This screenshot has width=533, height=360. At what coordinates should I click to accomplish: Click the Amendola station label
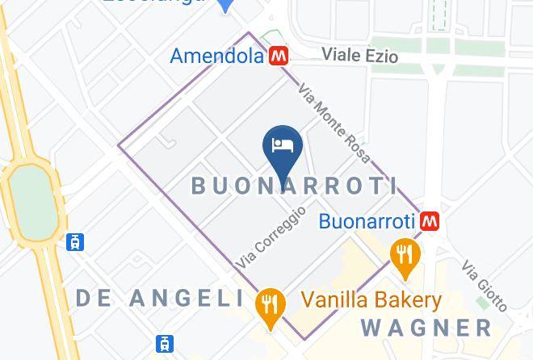click(216, 56)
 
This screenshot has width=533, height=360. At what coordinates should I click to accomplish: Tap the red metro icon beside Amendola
click(279, 56)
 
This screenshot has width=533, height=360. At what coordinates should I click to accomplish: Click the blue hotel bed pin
click(283, 147)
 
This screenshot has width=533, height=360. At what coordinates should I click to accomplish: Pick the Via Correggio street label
click(271, 237)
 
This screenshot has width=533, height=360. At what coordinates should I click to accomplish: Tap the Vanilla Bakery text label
click(371, 301)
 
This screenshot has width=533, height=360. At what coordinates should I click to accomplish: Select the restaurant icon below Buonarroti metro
click(403, 254)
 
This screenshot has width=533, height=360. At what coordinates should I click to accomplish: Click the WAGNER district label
click(427, 328)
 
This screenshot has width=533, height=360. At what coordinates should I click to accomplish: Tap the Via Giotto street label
click(485, 285)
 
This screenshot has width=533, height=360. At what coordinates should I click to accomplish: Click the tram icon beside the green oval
click(77, 241)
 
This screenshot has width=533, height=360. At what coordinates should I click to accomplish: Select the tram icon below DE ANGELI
click(166, 343)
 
